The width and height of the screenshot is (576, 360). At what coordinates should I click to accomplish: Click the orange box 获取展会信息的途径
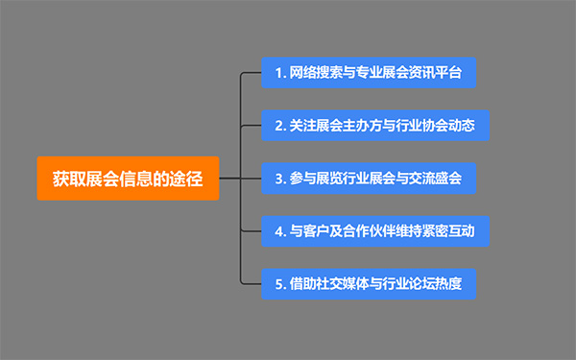tap(128, 178)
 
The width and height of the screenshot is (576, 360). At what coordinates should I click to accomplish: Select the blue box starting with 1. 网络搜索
tap(369, 72)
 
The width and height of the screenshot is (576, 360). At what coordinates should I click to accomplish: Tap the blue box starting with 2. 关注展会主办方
tap(375, 125)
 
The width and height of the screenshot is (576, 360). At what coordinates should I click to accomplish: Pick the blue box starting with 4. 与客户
tap(375, 230)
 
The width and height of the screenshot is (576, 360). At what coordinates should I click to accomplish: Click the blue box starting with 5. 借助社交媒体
tap(369, 283)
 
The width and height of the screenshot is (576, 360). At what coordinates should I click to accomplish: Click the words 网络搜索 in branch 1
tap(314, 73)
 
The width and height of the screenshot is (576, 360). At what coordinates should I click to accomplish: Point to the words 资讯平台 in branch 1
tap(437, 73)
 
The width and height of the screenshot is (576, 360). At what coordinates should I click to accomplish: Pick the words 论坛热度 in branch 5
tap(437, 284)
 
